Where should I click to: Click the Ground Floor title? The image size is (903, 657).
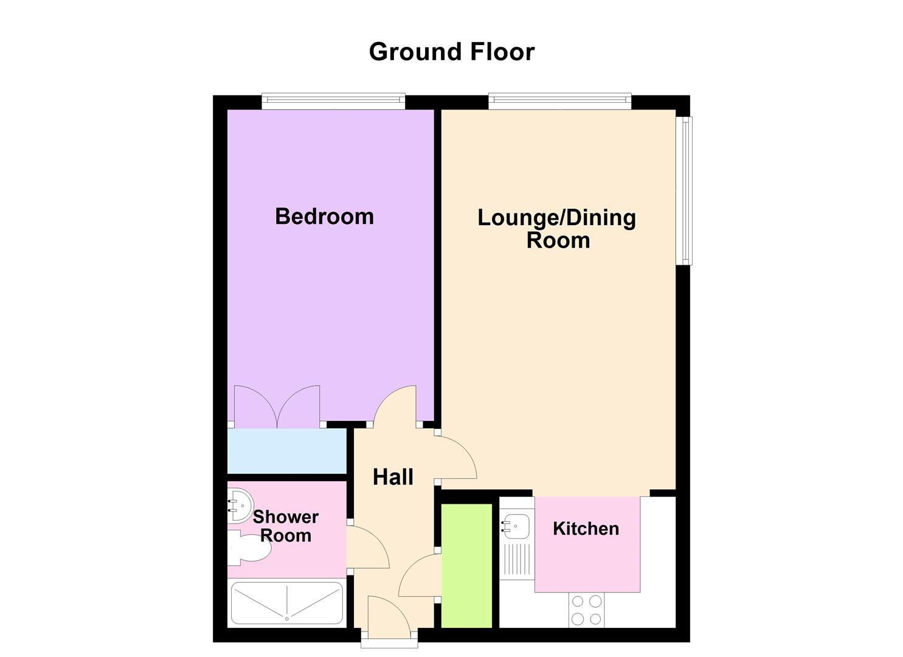point(451,52)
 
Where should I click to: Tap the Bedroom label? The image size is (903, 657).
point(324,217)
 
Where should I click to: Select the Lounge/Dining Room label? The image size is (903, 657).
point(557,228)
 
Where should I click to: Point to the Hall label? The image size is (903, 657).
point(393,477)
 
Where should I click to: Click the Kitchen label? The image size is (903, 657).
point(586,528)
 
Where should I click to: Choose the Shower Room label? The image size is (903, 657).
point(285,526)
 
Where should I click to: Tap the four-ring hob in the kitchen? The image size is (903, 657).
point(587,610)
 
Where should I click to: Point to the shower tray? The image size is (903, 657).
point(286,603)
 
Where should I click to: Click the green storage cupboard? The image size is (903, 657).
point(466,565)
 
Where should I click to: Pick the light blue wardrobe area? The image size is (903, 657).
point(286,451)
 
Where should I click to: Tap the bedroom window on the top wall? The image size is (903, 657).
point(333,102)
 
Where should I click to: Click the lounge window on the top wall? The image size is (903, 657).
point(559,102)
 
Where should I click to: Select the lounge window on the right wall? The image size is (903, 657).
point(685,190)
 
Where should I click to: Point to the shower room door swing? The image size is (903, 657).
point(367,546)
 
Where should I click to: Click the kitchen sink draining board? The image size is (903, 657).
point(516,558)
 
